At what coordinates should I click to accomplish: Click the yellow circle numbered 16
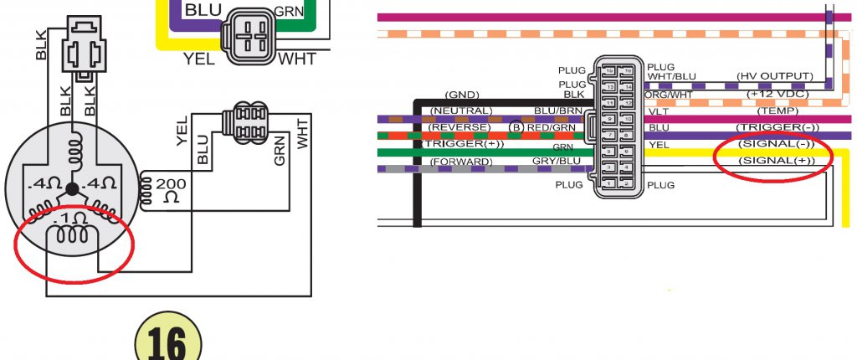coord(169,344)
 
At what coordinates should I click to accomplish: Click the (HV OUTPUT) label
coord(774,76)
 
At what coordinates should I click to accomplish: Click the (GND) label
coord(459,95)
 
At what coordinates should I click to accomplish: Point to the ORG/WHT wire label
coord(667,95)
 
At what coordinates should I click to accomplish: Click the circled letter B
coord(516,127)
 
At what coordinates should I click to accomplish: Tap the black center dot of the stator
coord(73,188)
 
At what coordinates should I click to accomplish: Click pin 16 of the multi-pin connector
coord(610,71)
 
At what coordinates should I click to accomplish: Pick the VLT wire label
coord(658,111)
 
